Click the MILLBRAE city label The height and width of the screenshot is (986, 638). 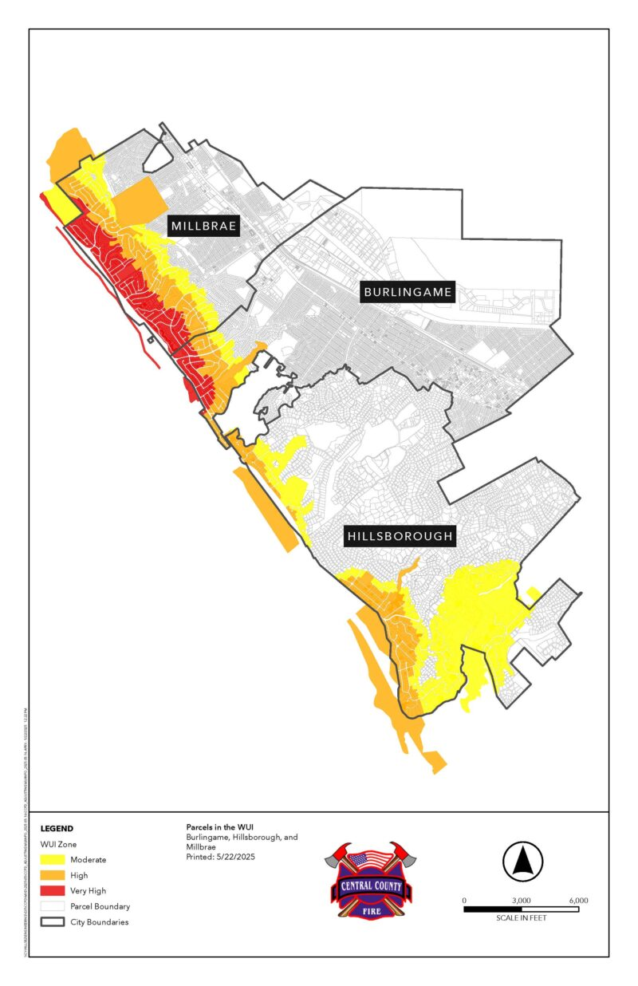(x=203, y=227)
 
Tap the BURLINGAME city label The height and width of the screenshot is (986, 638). (x=408, y=292)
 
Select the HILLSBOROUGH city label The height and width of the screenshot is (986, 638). (x=400, y=537)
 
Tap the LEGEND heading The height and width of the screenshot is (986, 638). (x=57, y=829)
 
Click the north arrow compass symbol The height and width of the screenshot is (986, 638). (x=522, y=862)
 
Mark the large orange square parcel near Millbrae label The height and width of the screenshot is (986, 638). (x=136, y=200)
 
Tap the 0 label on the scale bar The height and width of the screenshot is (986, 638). (x=464, y=900)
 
